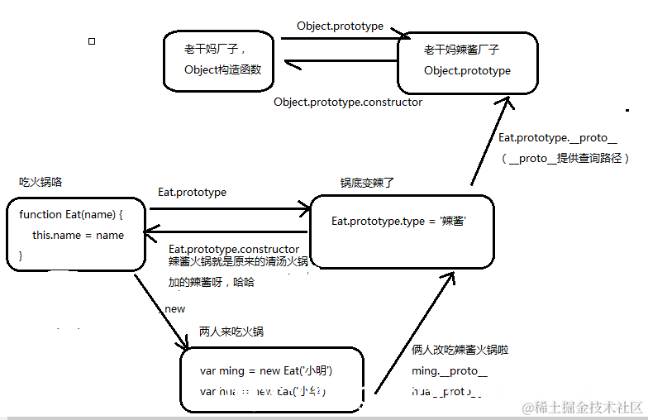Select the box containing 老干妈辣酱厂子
pos(467,62)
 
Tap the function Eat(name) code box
pos(75,233)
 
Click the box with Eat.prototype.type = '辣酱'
pos(401,231)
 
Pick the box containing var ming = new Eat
pos(272,381)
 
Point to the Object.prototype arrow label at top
pos(340,26)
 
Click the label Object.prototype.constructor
pos(348,103)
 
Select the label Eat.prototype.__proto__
pos(557,137)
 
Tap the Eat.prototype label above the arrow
pos(192,193)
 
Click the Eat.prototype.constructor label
pos(234,249)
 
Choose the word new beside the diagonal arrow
pos(175,309)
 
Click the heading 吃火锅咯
pos(40,181)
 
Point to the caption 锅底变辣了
pos(368,183)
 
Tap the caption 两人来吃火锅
pos(231,332)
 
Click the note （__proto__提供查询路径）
pos(566,158)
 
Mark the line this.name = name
pos(78,236)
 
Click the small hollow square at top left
pos(92,41)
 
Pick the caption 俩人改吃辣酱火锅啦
pos(460,351)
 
